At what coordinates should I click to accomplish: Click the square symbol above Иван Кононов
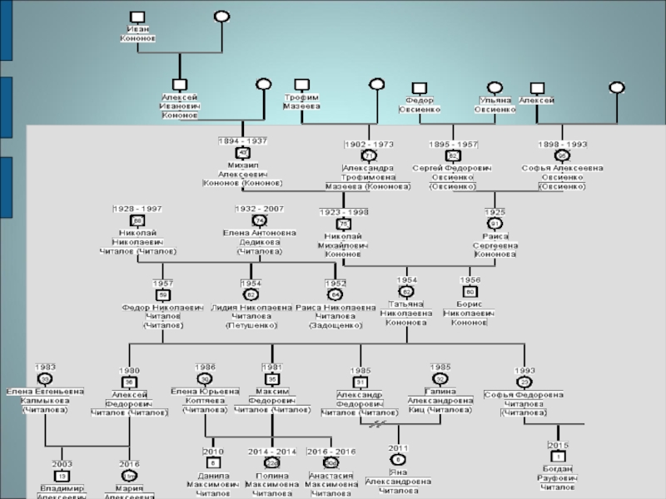(138, 17)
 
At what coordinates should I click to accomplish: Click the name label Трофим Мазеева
(301, 101)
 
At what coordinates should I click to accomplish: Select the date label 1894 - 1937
(242, 142)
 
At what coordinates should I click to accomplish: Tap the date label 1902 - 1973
(368, 144)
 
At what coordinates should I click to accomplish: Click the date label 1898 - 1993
(562, 144)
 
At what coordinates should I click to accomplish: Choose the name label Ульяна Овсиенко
(495, 104)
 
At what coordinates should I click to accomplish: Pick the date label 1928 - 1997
(138, 208)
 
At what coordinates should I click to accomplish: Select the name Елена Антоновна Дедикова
(259, 241)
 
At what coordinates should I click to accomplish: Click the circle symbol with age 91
(495, 224)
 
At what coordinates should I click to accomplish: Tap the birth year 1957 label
(163, 283)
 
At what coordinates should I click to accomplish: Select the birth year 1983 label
(46, 367)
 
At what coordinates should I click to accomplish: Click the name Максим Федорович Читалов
(271, 399)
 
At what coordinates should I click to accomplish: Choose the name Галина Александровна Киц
(440, 399)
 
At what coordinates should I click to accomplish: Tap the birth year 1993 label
(524, 370)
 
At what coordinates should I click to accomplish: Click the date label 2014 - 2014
(271, 451)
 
